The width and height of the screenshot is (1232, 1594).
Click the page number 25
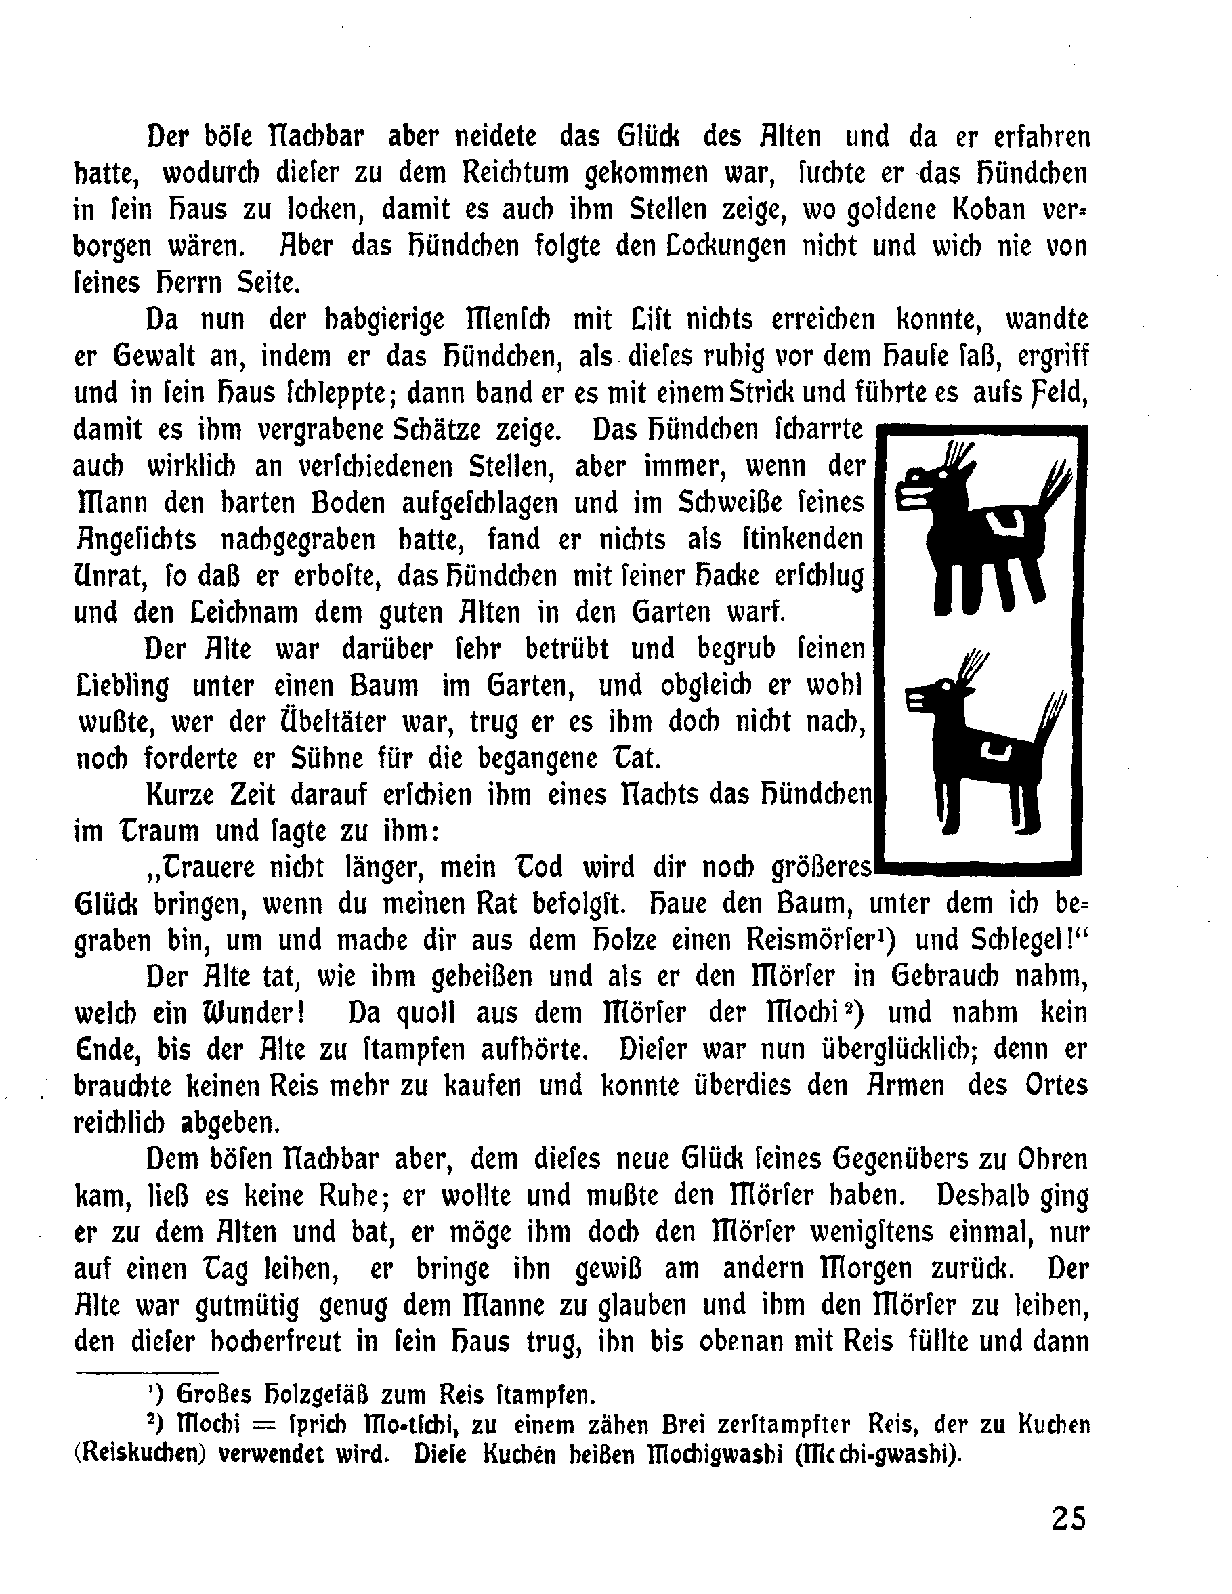pos(1069,1518)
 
